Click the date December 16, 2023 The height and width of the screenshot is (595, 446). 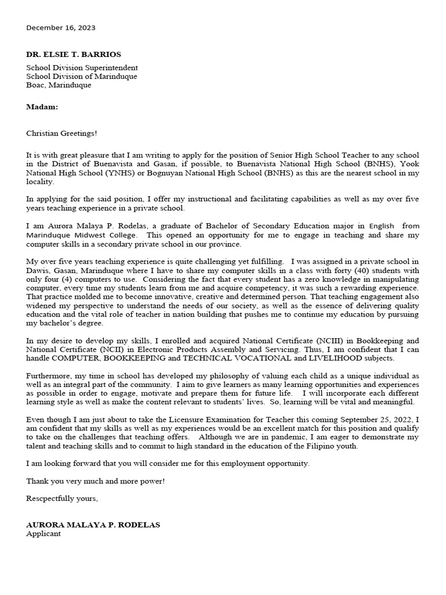click(61, 27)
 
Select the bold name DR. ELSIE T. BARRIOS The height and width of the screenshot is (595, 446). click(74, 54)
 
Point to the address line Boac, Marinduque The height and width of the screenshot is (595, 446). click(59, 85)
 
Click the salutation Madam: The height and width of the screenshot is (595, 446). click(42, 107)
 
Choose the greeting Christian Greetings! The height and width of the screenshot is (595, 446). click(62, 133)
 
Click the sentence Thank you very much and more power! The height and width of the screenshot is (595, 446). click(96, 481)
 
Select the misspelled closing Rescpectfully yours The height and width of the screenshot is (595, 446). click(62, 499)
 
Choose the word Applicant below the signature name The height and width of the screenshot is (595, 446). click(44, 533)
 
